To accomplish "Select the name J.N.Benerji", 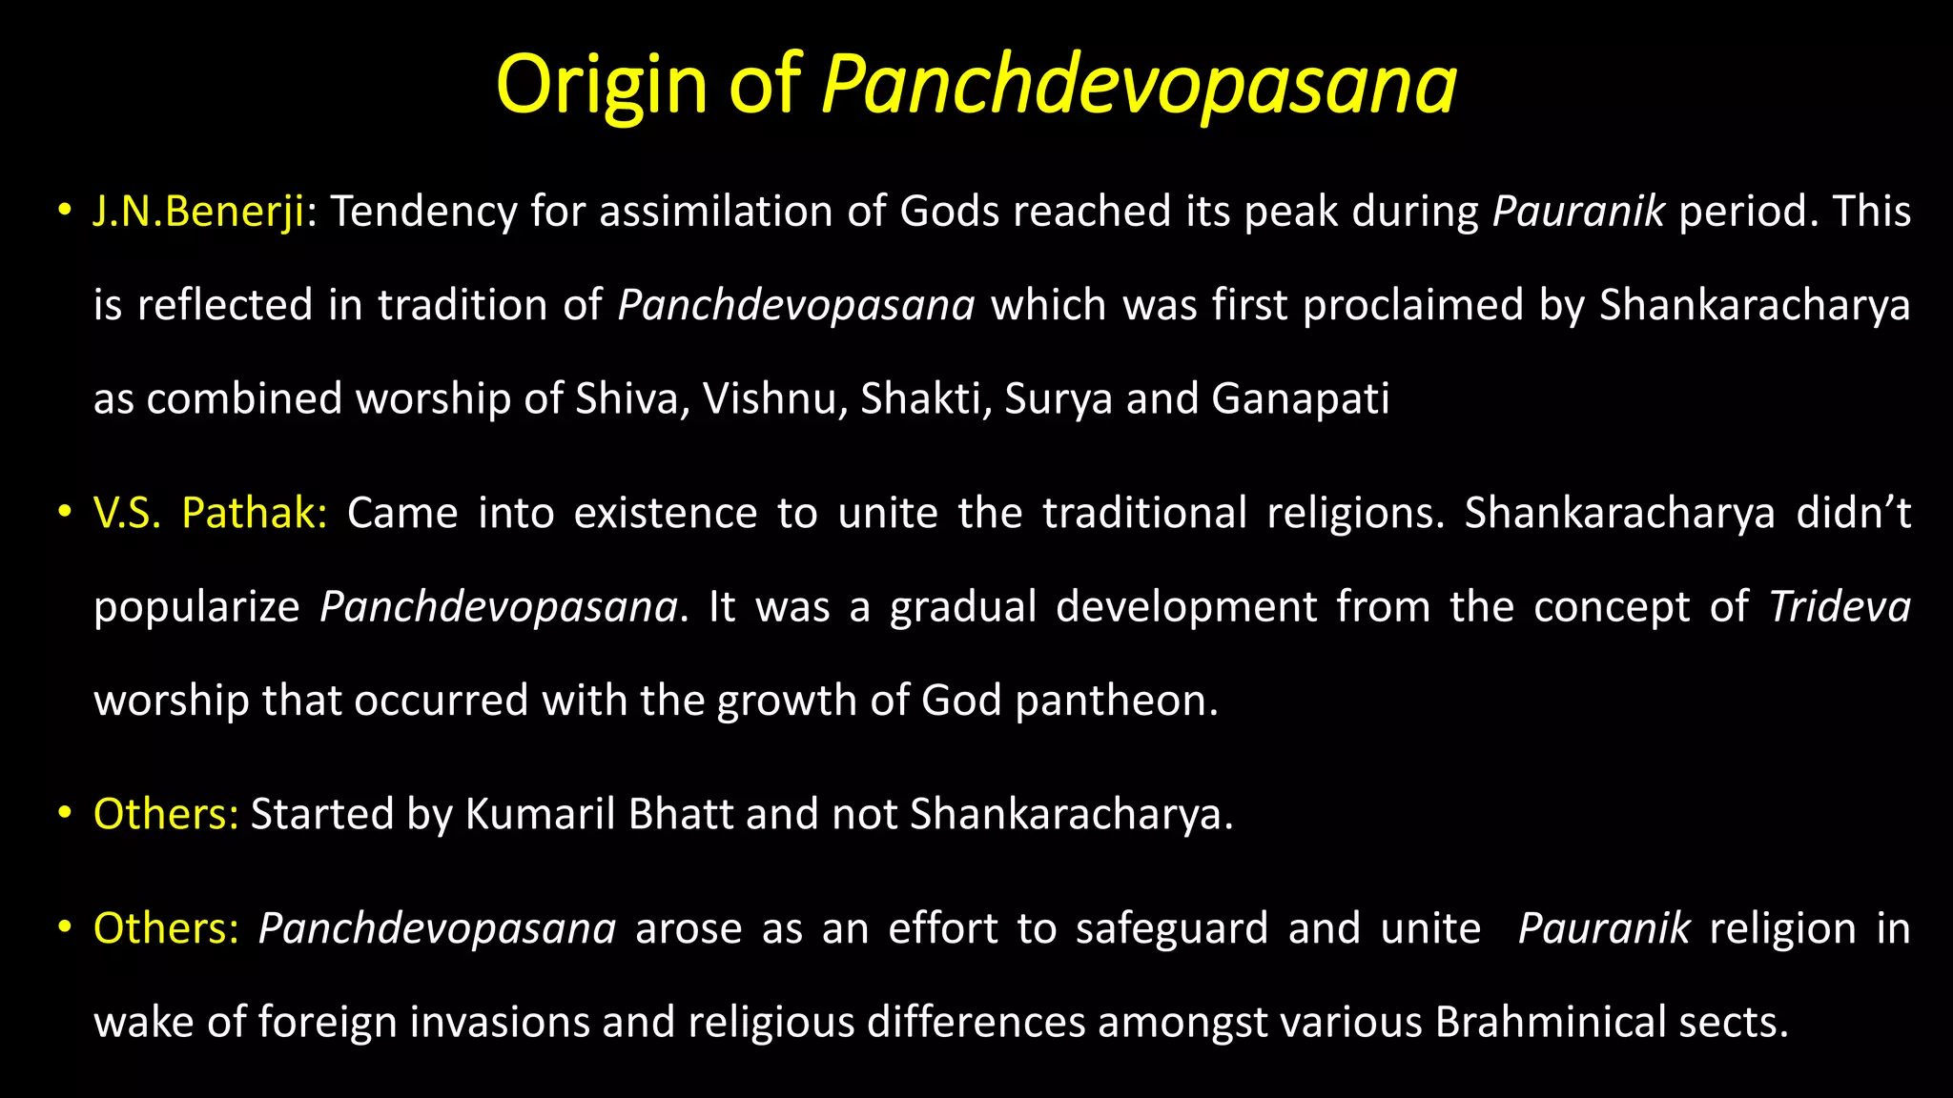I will [x=198, y=212].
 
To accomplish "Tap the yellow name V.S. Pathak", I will [x=210, y=514].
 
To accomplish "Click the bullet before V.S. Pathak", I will [x=64, y=514].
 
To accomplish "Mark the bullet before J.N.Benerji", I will [x=64, y=212].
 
